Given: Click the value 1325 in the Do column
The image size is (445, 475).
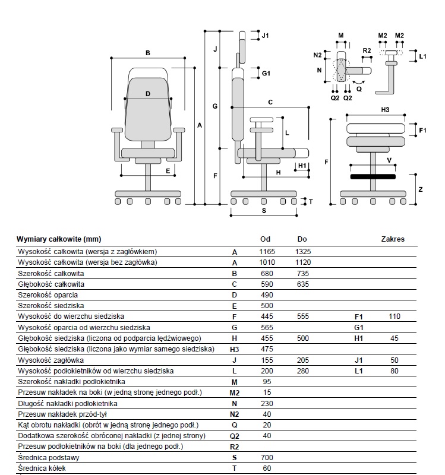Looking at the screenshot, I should pos(302,252).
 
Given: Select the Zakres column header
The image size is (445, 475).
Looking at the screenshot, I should pos(392,239).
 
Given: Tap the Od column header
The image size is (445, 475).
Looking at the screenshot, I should pos(266,239).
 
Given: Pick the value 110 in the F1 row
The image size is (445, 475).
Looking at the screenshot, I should pos(393,316).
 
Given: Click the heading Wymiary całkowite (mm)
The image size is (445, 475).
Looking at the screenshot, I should pos(59,239).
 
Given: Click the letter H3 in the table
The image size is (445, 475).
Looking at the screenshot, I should pos(235,349).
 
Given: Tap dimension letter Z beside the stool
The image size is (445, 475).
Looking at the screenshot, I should pos(420,189).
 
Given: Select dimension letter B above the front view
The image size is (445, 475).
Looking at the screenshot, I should pos(148,53).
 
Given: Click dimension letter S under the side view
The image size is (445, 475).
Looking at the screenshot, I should pos(264,210).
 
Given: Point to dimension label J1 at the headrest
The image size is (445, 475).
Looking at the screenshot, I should pos(265,36).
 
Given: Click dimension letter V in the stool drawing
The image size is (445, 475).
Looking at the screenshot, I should pos(389,160).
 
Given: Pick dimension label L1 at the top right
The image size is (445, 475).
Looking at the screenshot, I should pos(422,56).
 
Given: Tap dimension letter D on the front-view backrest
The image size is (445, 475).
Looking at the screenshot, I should pos(148,94).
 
